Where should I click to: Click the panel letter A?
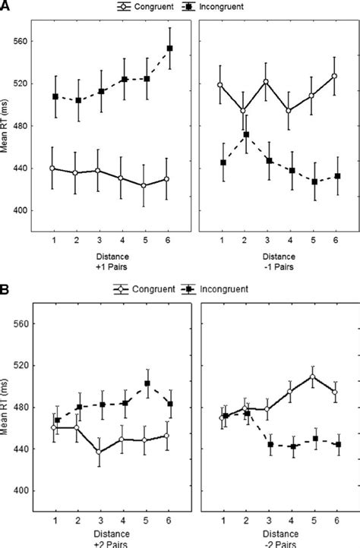click(6, 7)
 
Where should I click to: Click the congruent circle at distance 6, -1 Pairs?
click(335, 76)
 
